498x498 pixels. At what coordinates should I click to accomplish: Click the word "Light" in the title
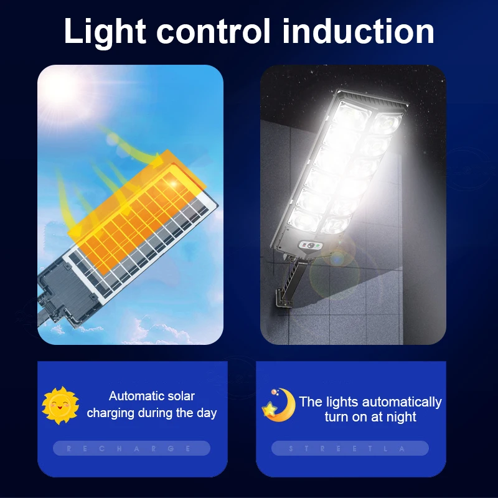pyautogui.click(x=104, y=31)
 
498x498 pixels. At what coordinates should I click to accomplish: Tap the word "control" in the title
pyautogui.click(x=212, y=31)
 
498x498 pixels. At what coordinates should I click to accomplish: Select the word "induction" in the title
pyautogui.click(x=358, y=31)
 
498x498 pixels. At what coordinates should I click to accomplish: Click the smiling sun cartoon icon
pyautogui.click(x=60, y=405)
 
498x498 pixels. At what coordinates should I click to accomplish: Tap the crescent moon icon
pyautogui.click(x=278, y=406)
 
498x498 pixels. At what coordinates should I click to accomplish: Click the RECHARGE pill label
pyautogui.click(x=131, y=448)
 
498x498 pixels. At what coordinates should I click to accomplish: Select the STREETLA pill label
pyautogui.click(x=350, y=448)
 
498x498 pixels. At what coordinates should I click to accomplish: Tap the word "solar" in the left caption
pyautogui.click(x=180, y=396)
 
